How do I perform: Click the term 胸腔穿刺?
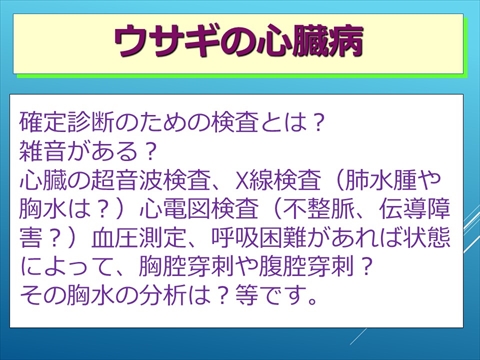click(x=201, y=269)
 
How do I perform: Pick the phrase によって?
click(x=71, y=269)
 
